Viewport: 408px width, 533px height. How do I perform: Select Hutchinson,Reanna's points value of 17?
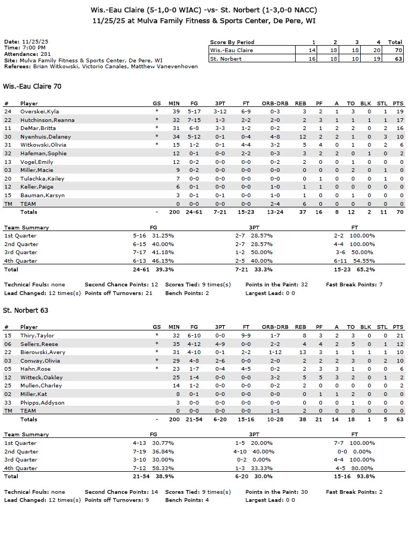pos(398,120)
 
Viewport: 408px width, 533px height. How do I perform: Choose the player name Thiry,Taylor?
pos(37,335)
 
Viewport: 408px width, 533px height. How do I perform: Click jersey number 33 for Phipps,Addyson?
pos(8,402)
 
